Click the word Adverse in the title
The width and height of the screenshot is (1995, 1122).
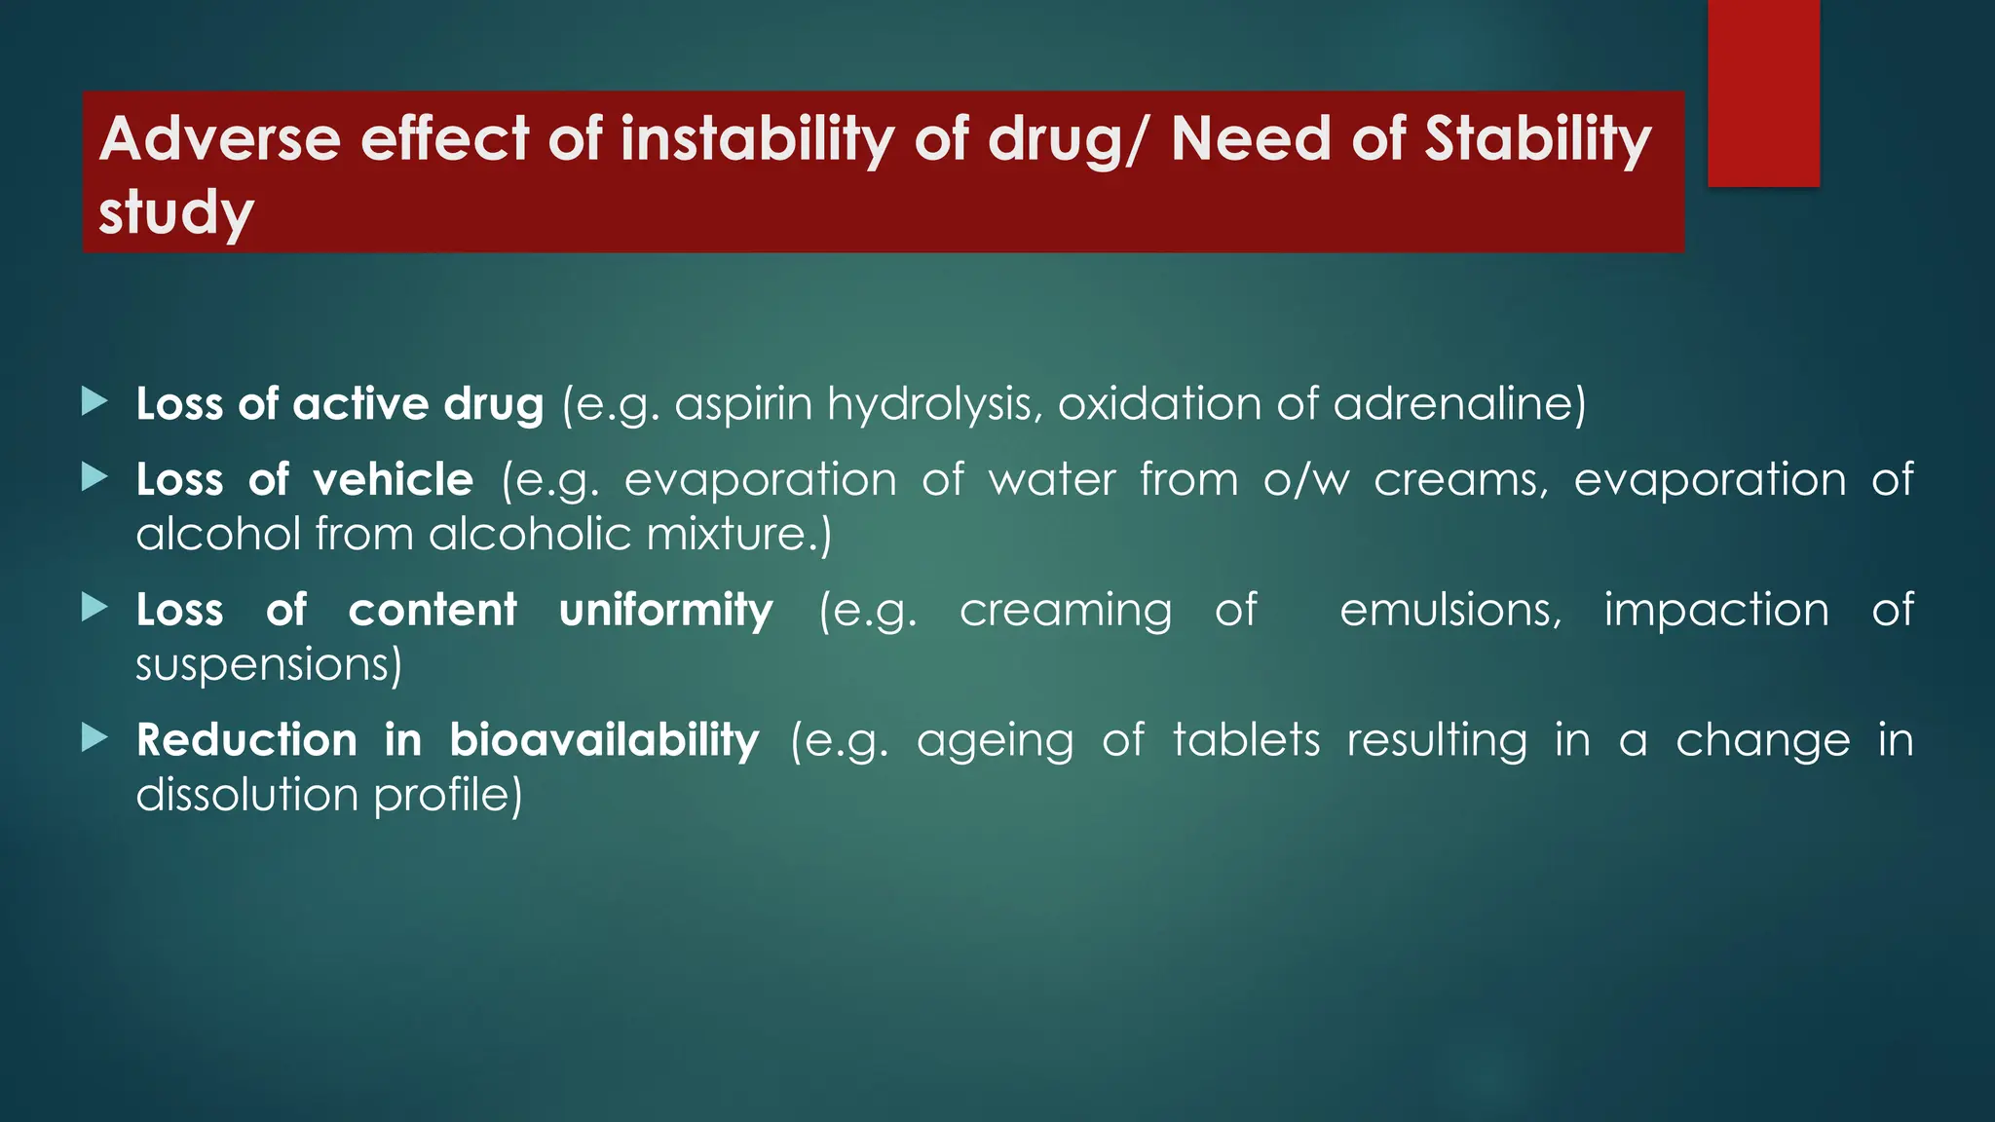[219, 138]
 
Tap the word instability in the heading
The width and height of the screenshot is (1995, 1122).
[757, 138]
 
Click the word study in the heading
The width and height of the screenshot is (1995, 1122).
[176, 212]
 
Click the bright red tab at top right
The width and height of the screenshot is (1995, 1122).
[1763, 93]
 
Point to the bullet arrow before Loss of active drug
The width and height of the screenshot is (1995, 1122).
[94, 401]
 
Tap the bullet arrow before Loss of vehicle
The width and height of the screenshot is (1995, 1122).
[94, 477]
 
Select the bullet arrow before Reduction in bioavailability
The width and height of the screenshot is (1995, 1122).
[94, 737]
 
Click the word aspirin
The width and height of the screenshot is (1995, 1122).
[743, 404]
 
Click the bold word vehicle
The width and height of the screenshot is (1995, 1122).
[393, 479]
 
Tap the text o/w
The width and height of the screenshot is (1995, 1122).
[1306, 479]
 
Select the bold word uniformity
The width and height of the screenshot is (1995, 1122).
[665, 611]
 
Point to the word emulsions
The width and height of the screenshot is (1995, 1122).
[1450, 611]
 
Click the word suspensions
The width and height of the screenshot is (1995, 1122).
[268, 665]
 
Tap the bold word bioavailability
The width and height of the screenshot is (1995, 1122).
[604, 740]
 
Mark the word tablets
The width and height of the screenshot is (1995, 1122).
[1246, 740]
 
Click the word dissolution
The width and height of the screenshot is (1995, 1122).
[247, 795]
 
